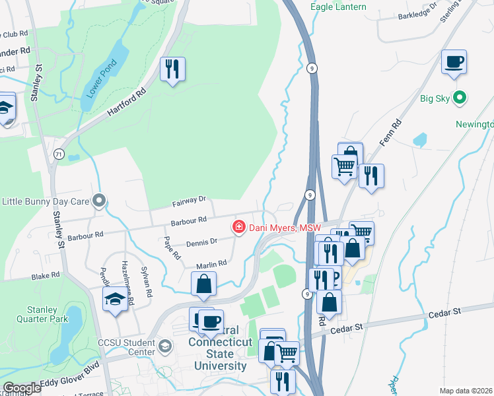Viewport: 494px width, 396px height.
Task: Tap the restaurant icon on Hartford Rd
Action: click(172, 69)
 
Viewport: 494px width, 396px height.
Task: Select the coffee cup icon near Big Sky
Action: click(454, 63)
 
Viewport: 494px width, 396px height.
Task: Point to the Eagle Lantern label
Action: click(337, 8)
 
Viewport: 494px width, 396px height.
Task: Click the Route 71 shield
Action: click(59, 154)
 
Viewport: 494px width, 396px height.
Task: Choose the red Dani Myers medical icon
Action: click(238, 228)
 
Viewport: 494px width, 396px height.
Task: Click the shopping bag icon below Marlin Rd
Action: click(204, 284)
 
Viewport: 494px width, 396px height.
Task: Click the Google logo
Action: click(21, 388)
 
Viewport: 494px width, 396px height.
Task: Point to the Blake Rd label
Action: click(46, 274)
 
